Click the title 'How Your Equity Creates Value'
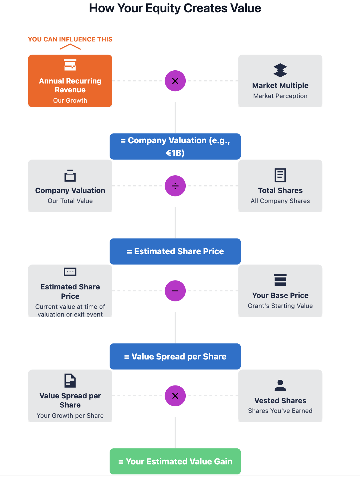(x=175, y=8)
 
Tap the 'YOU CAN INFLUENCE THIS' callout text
(x=70, y=39)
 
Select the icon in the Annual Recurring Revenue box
(x=70, y=65)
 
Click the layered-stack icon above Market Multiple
(x=280, y=70)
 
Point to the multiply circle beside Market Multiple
(x=175, y=81)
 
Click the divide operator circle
(x=175, y=186)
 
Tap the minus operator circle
(x=175, y=291)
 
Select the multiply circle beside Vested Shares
(x=175, y=396)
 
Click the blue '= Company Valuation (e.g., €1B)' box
(x=175, y=146)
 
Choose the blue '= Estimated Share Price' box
(x=175, y=251)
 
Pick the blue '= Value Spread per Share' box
(x=175, y=356)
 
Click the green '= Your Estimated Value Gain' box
(x=175, y=461)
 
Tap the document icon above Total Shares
(x=280, y=175)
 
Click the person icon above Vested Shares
(x=280, y=385)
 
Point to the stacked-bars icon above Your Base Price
(x=280, y=280)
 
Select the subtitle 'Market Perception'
(x=280, y=96)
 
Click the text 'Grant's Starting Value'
(x=280, y=306)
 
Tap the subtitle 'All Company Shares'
(x=280, y=201)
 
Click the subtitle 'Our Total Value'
(x=70, y=201)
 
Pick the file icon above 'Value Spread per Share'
(x=70, y=381)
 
